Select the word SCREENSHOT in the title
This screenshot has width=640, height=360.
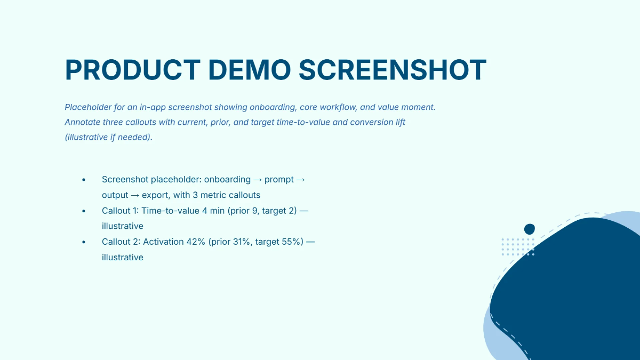pyautogui.click(x=393, y=70)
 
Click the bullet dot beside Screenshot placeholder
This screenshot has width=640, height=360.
pyautogui.click(x=84, y=180)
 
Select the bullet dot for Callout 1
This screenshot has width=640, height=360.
pyautogui.click(x=84, y=211)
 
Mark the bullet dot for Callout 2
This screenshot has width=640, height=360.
pyautogui.click(x=84, y=243)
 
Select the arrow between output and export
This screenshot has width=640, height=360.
pyautogui.click(x=135, y=195)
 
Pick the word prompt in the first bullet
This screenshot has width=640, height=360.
pyautogui.click(x=278, y=180)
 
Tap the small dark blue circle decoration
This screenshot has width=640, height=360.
pyautogui.click(x=529, y=229)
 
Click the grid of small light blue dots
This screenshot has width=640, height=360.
pyautogui.click(x=518, y=247)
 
